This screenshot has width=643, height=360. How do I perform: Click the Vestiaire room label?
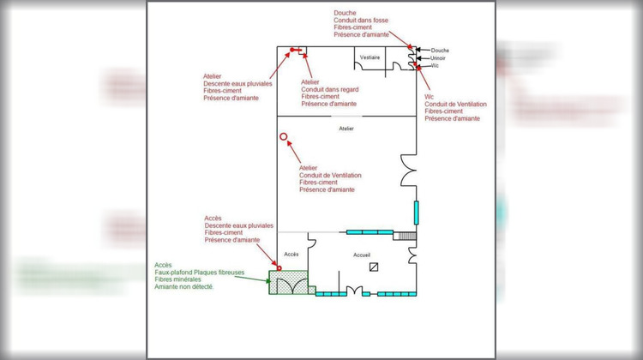370,57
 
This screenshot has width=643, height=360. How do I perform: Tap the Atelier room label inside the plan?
346,129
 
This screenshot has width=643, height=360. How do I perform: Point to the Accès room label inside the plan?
291,255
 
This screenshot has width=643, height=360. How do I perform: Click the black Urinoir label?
438,58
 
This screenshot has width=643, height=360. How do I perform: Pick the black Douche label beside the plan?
440,51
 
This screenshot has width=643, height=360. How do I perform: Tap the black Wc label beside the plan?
435,65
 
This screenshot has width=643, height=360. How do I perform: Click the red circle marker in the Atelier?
283,136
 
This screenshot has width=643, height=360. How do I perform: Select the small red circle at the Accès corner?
279,268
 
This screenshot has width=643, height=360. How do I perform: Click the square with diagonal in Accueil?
374,267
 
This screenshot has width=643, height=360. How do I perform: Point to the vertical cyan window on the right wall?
417,212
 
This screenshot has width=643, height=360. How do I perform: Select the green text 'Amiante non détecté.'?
184,286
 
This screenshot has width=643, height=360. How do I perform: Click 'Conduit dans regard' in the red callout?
330,89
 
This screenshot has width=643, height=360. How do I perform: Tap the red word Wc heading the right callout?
430,97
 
